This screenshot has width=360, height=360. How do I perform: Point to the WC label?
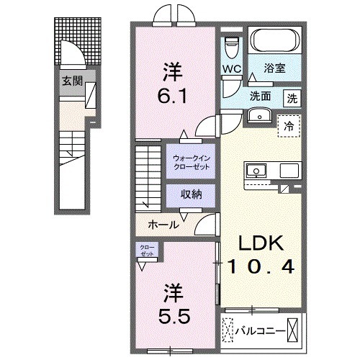[230, 69]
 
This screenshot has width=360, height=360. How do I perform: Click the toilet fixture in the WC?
[230, 48]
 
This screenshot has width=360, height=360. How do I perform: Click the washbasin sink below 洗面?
[257, 116]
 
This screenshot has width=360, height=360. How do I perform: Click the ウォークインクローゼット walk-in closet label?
[189, 162]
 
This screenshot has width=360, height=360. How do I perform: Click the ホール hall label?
[163, 225]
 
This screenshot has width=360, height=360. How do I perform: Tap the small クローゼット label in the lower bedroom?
[146, 252]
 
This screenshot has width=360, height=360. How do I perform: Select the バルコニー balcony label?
[259, 332]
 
